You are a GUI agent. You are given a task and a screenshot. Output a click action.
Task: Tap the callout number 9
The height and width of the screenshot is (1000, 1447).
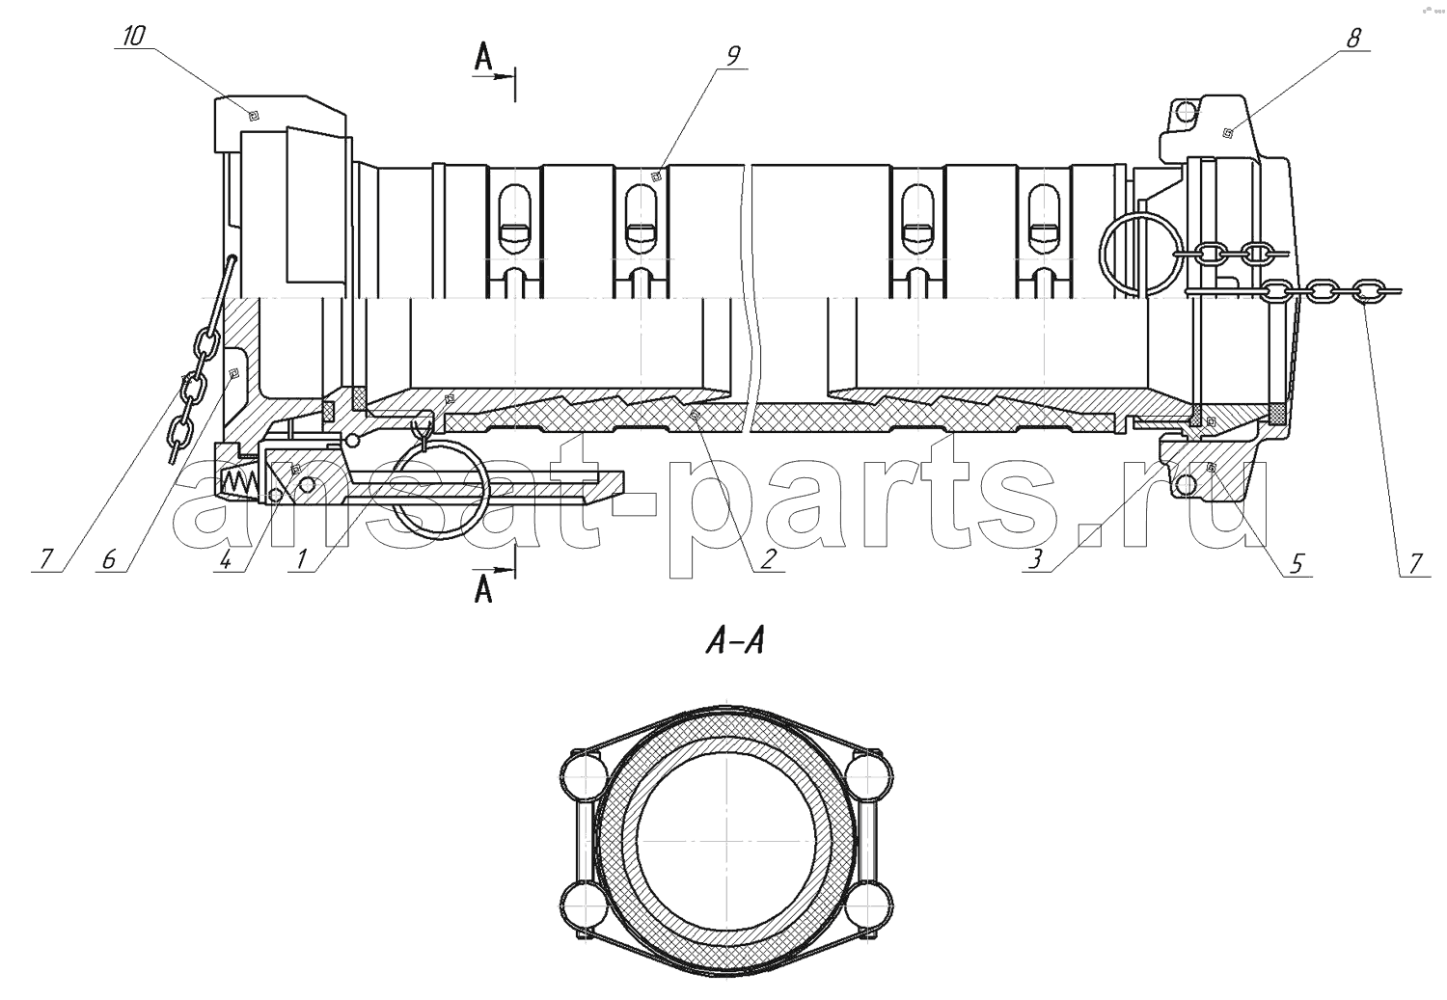(732, 56)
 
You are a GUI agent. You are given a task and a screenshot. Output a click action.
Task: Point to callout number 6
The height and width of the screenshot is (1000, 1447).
(108, 559)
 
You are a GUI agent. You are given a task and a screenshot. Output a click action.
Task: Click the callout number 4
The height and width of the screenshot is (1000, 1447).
(225, 559)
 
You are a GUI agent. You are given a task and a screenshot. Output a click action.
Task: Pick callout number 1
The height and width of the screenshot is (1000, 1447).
(300, 559)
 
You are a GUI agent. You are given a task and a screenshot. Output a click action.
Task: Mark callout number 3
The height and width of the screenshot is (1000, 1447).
(1035, 559)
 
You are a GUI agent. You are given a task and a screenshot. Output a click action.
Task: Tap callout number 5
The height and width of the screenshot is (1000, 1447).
(1297, 563)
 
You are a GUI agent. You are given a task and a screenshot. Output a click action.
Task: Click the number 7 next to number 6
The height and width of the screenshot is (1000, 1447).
(45, 559)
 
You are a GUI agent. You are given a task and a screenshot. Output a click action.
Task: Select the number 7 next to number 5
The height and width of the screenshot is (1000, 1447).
(1415, 563)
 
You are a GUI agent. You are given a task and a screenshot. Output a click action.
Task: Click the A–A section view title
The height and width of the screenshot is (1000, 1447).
(735, 643)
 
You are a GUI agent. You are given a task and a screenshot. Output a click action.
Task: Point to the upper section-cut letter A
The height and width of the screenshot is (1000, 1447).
(483, 58)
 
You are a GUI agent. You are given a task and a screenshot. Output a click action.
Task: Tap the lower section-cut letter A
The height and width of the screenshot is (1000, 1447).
(483, 589)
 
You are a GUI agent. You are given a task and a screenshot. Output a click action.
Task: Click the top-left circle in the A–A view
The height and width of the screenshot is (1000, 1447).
(586, 772)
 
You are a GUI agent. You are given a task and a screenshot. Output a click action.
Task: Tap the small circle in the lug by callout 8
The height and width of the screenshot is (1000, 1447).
(1187, 114)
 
